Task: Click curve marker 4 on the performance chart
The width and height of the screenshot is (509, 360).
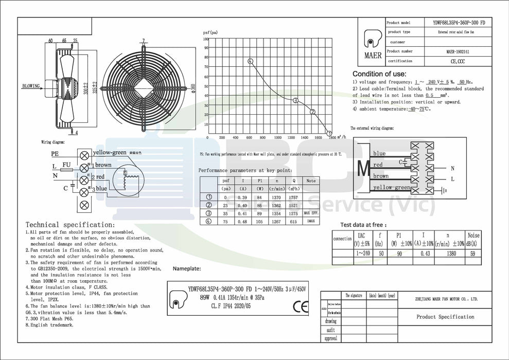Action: point(250,61)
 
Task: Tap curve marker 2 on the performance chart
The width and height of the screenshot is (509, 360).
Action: point(312,112)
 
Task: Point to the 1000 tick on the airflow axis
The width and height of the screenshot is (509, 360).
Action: point(277,138)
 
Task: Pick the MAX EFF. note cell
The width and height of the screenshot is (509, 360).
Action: point(311,212)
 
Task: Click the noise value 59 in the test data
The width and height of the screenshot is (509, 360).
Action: point(473,253)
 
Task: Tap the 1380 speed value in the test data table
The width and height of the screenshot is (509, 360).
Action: point(450,253)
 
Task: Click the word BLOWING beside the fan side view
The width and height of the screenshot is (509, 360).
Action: point(31,86)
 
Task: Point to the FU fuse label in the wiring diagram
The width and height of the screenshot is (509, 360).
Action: point(66,164)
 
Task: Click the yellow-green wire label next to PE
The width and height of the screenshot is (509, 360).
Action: point(110,153)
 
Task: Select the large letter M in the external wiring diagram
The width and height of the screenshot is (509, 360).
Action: point(363,168)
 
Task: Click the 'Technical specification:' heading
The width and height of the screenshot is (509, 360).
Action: point(70,225)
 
